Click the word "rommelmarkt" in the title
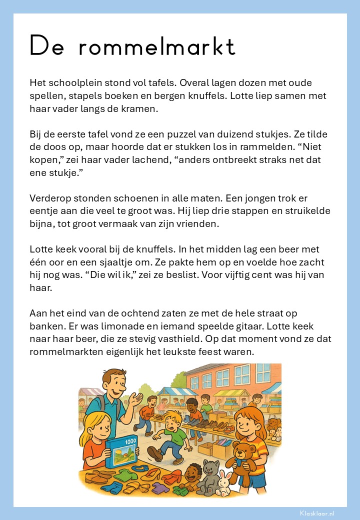(156, 46)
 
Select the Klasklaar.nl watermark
(317, 513)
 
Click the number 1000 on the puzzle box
(130, 441)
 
